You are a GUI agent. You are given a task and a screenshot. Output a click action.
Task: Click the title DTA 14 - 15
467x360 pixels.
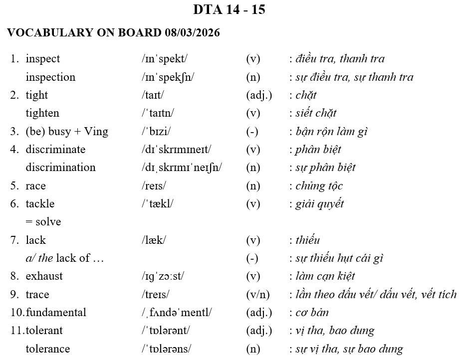tap(229, 10)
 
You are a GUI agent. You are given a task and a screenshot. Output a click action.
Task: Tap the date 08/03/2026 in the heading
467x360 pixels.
tap(192, 33)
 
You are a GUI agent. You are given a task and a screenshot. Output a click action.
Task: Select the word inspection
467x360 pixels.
tap(50, 77)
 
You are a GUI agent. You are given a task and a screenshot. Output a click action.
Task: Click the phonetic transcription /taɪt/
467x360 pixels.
tap(153, 95)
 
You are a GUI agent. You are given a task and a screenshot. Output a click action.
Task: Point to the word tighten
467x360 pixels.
tap(42, 113)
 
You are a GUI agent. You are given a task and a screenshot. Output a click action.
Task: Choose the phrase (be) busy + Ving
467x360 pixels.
tap(67, 132)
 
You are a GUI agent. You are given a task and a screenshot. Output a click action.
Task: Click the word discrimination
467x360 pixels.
tap(60, 168)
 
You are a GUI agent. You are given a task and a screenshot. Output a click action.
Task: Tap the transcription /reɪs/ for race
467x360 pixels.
tap(154, 186)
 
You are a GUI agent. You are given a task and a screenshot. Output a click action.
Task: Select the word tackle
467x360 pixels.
tap(40, 204)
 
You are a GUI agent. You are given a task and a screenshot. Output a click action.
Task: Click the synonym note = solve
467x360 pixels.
tap(43, 222)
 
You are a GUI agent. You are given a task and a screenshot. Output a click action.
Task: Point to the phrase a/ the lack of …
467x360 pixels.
tap(65, 258)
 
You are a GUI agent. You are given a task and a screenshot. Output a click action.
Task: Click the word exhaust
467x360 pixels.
tap(44, 276)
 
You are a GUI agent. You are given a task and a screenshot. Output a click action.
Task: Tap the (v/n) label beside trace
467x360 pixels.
tap(259, 295)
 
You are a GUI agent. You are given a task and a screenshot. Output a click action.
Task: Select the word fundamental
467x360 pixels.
tap(56, 313)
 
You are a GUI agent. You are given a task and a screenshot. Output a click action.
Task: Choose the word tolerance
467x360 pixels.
tap(47, 349)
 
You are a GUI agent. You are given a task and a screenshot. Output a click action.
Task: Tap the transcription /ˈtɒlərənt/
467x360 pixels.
tap(166, 331)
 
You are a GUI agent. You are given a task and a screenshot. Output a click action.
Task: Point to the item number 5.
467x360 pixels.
tap(14, 186)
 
